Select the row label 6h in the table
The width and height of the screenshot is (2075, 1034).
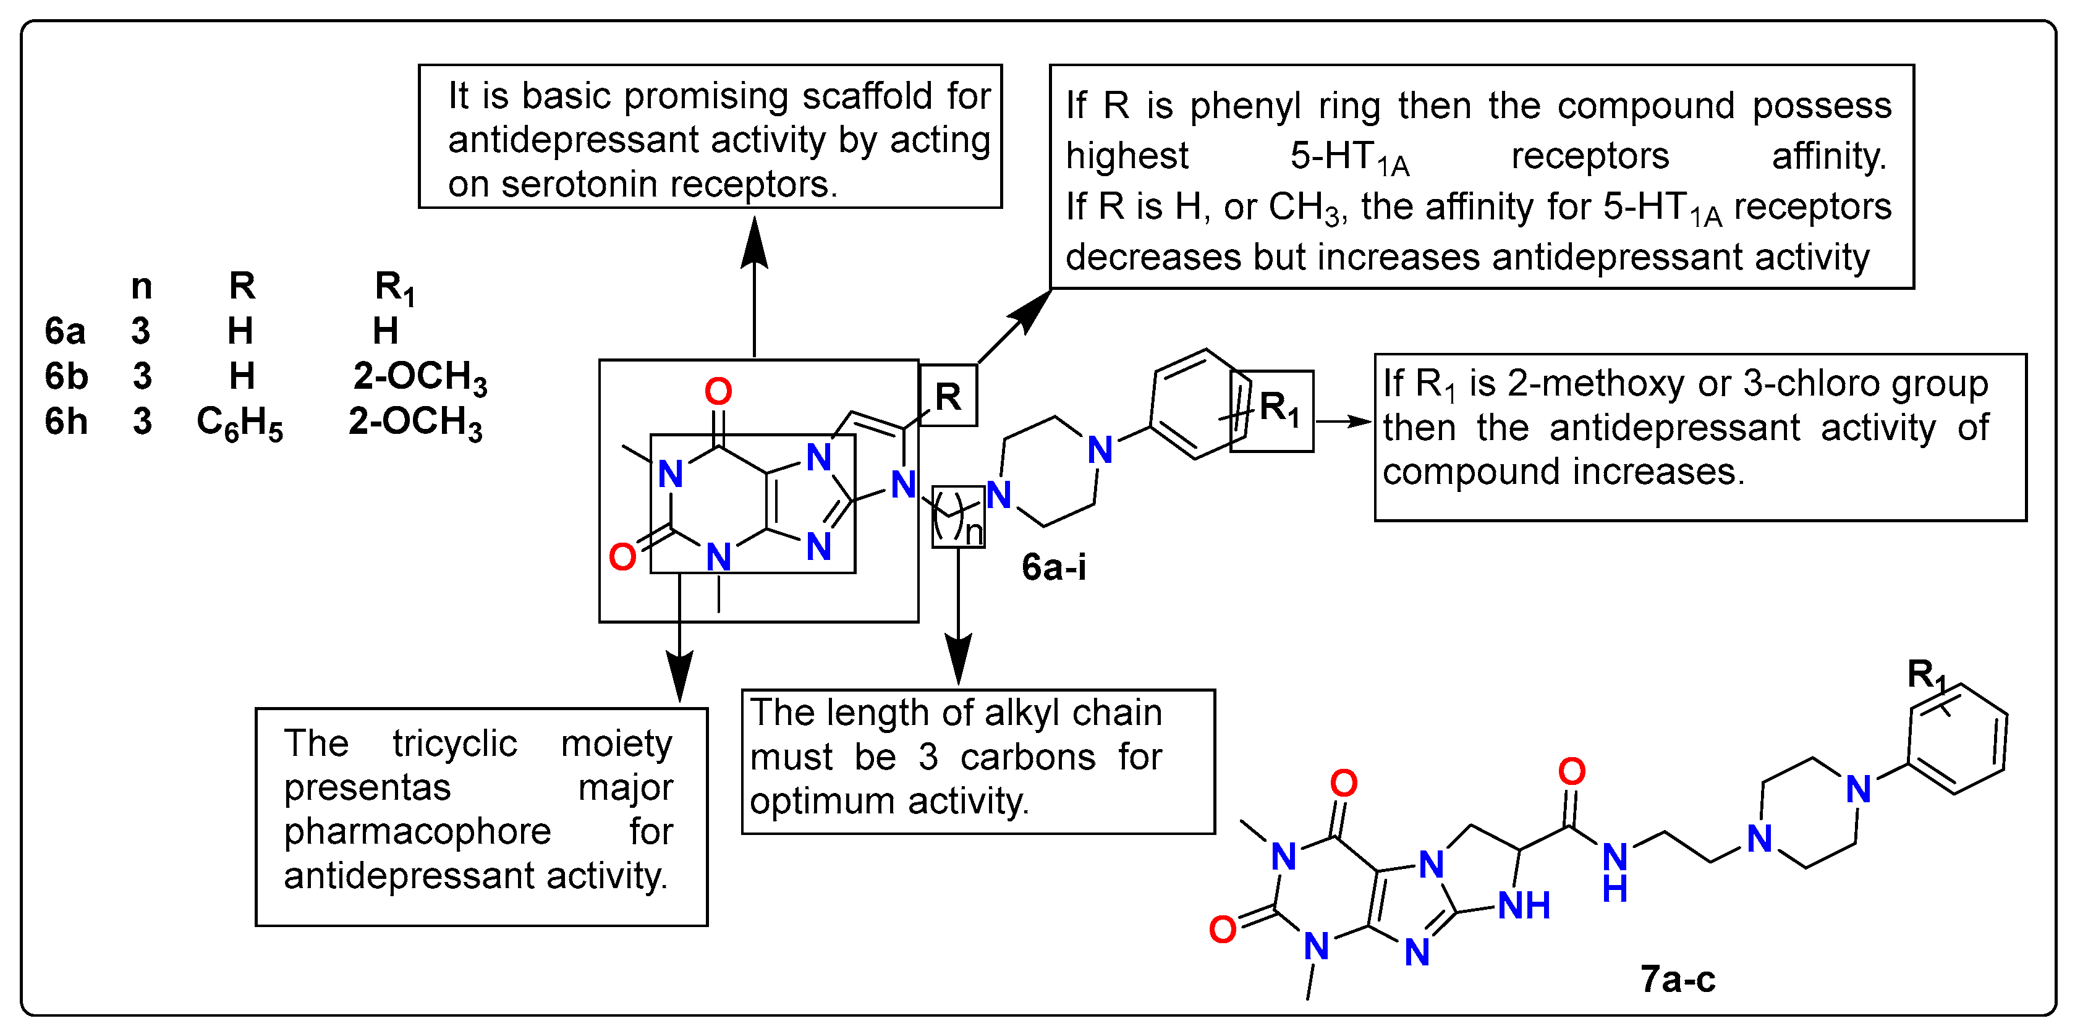tap(66, 421)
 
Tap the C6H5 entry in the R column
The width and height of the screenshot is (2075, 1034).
tap(240, 423)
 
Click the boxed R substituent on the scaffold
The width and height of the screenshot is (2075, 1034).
tap(948, 396)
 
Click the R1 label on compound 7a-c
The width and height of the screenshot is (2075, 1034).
tap(1925, 675)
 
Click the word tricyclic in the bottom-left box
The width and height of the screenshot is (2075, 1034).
tap(455, 744)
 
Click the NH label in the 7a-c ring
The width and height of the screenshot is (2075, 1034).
tap(1524, 906)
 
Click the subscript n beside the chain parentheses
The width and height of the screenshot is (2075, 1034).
tap(974, 532)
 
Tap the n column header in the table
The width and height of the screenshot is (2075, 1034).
tap(142, 286)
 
